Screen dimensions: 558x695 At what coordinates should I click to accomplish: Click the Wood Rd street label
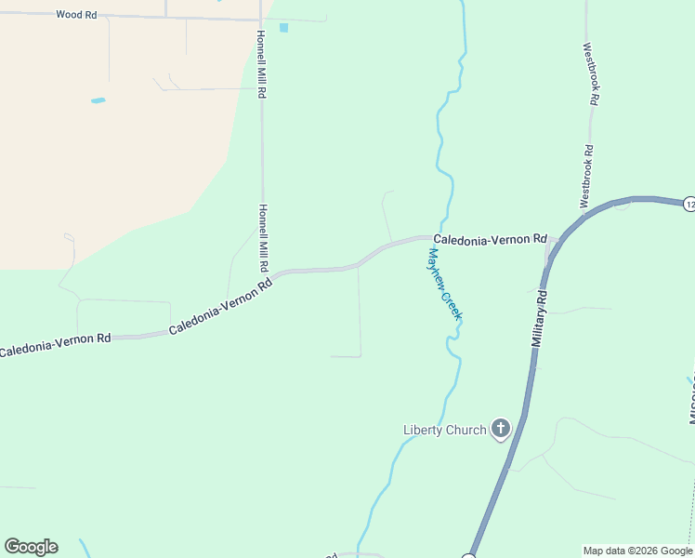[76, 15]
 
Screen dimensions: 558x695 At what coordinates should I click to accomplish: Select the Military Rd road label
[540, 319]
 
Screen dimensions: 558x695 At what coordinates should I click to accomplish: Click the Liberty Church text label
[444, 430]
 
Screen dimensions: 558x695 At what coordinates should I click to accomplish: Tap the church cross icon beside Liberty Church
[501, 429]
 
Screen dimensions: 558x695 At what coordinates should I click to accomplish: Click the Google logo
[31, 547]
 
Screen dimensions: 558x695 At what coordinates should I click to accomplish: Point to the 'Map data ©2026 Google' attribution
[638, 551]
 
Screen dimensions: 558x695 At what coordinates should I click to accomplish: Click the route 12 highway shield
[688, 204]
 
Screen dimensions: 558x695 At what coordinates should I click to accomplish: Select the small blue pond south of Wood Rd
[98, 100]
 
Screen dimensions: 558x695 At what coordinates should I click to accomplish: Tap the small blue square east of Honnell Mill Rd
[283, 28]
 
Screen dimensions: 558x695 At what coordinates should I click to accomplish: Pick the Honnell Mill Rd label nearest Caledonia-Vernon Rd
[264, 237]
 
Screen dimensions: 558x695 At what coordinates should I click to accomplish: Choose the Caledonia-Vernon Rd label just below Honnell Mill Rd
[221, 307]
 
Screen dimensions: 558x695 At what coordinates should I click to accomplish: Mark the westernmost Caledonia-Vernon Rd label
[56, 344]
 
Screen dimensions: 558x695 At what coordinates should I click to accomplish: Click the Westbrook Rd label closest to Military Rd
[586, 176]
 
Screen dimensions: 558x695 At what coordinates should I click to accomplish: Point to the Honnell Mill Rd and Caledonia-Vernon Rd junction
[267, 274]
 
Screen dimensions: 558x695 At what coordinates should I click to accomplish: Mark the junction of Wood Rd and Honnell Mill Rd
[260, 19]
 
